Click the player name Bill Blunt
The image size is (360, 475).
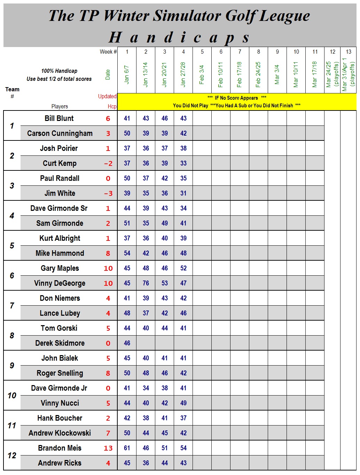tap(59, 118)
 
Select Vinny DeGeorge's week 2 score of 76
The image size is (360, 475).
tap(146, 283)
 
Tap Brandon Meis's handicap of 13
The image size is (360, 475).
tap(108, 448)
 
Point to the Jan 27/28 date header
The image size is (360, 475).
tap(183, 74)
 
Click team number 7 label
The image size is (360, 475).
tap(12, 306)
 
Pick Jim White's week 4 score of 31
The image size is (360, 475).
tap(183, 193)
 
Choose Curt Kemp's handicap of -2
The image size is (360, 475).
tap(108, 163)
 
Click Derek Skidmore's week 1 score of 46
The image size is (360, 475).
tap(127, 343)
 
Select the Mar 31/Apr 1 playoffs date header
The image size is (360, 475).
tap(348, 74)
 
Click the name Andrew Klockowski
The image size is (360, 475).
tap(60, 433)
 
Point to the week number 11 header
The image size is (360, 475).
tap(315, 52)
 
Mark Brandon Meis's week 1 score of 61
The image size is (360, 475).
tap(127, 448)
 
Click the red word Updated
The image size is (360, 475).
tap(107, 97)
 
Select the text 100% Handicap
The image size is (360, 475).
tap(59, 71)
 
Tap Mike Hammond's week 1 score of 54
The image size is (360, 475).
tap(127, 253)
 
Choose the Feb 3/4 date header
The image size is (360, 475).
tap(202, 74)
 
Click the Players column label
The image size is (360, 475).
tap(60, 107)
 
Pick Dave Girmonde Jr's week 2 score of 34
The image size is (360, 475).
tap(146, 388)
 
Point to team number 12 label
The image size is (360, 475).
tap(12, 455)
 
